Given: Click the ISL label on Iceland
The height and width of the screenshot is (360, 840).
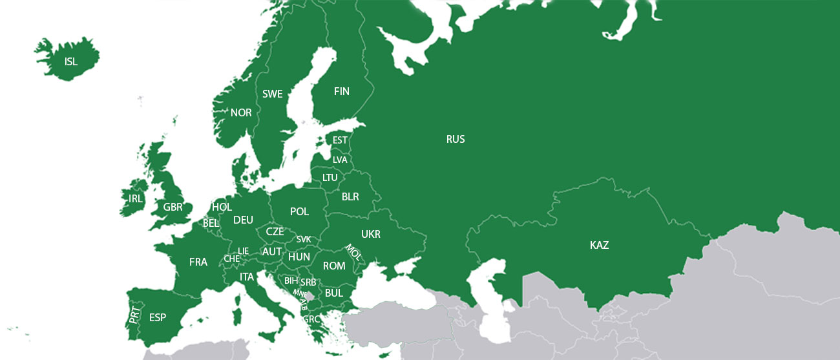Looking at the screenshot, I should [71, 62].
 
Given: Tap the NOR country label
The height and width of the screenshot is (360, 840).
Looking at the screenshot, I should [241, 112].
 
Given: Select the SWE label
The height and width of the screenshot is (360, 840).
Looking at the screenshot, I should [273, 94].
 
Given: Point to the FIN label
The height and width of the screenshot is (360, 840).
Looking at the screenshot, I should [341, 91].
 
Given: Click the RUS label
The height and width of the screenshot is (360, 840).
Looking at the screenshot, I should [456, 139].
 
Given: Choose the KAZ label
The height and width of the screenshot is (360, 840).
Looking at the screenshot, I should [599, 245].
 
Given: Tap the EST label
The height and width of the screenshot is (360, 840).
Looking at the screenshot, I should [340, 140].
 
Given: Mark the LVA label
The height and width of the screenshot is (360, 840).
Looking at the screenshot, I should [340, 160].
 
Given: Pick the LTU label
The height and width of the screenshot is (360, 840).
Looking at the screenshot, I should [330, 177].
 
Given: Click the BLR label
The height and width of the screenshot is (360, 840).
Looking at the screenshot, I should [350, 196].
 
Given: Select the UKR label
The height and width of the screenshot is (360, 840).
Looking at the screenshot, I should [371, 233].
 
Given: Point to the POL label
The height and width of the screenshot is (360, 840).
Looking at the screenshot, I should [299, 211].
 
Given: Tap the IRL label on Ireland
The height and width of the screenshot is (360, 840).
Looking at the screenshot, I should [136, 198].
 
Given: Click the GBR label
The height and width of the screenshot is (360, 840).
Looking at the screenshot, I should [173, 207].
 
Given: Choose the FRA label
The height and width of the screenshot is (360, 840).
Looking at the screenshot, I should [198, 262].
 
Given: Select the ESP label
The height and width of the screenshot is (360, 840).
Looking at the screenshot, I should [158, 317].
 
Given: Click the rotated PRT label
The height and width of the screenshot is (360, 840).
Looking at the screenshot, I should [134, 315].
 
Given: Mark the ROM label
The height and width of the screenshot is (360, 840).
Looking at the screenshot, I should [334, 266].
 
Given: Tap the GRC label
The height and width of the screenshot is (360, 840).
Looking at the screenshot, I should [311, 319].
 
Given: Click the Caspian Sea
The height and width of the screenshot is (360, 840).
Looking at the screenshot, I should [494, 304].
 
